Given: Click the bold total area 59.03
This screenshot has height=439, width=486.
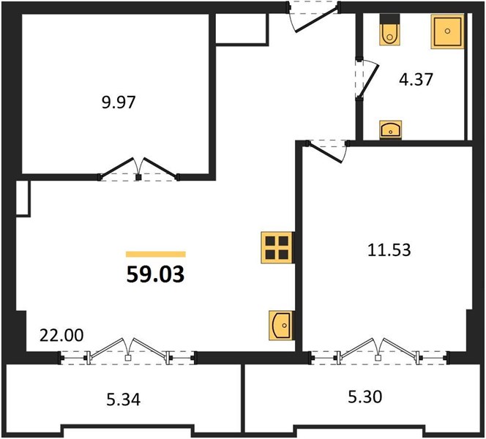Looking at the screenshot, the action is click(155, 274).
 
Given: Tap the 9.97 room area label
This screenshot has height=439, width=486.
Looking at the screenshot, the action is click(119, 102).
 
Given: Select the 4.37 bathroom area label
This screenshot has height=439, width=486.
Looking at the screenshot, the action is click(416, 79).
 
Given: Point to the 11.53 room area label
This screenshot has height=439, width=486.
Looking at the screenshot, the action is click(389, 249).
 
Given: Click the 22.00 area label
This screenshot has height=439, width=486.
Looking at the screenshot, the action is click(61, 335).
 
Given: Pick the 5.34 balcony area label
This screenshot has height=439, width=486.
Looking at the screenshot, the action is click(124, 399).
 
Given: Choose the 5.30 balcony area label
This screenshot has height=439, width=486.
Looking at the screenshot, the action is click(364, 397).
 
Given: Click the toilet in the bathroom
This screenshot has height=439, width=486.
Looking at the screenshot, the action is click(389, 30).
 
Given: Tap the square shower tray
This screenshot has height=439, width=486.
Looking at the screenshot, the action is click(447, 31).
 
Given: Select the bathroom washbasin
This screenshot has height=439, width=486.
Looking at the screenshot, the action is click(391, 130).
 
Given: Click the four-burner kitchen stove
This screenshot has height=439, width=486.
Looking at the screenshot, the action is click(277, 247).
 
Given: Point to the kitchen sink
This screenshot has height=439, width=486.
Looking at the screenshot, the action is click(280, 325).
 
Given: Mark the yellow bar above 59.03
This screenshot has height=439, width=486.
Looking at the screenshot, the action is click(156, 255).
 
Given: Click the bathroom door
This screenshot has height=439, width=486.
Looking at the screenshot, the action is click(367, 80).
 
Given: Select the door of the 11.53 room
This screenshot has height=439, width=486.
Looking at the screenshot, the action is click(327, 151).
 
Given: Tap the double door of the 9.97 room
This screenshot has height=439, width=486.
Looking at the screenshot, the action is click(138, 169).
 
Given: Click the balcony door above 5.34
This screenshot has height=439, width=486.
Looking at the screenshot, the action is click(127, 352).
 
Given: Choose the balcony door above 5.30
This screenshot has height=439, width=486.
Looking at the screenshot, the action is click(378, 352).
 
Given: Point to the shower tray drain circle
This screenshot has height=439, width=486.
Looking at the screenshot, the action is click(447, 31).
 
